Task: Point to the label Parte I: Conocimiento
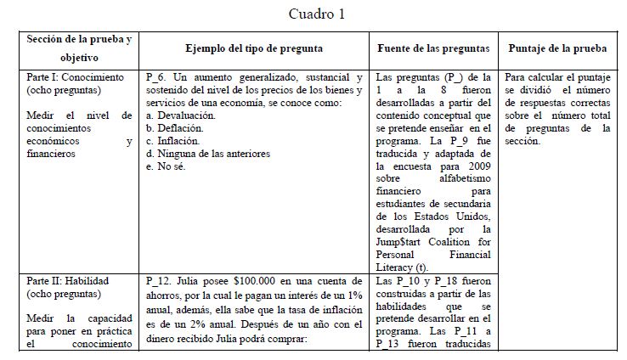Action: coord(75,76)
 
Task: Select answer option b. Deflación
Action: coord(177,127)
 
